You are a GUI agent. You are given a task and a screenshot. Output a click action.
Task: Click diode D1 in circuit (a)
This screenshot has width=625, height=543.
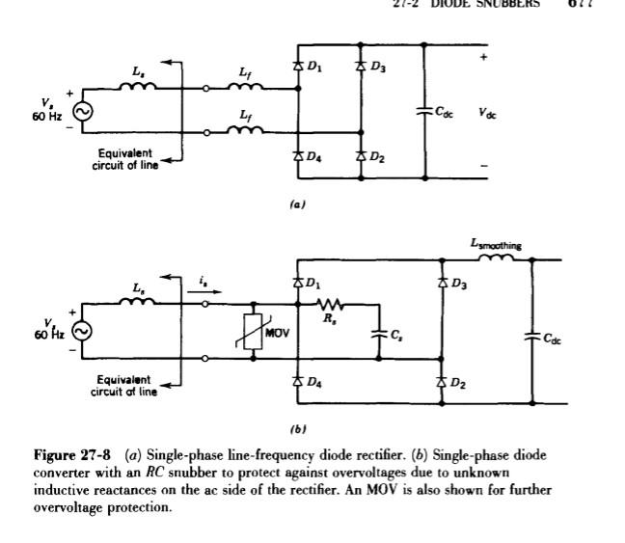297,66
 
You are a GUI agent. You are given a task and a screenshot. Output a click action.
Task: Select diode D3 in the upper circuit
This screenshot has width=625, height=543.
360,66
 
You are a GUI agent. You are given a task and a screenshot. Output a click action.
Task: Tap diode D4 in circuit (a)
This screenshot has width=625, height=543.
297,156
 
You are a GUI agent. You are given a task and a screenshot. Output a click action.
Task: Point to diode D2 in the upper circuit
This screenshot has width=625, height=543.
360,156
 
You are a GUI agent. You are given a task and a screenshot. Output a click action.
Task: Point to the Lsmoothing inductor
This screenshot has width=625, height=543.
496,258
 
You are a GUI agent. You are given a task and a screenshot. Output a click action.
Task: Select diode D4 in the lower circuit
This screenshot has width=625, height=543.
297,382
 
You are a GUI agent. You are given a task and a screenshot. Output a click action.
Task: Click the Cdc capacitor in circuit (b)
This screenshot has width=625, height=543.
531,337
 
